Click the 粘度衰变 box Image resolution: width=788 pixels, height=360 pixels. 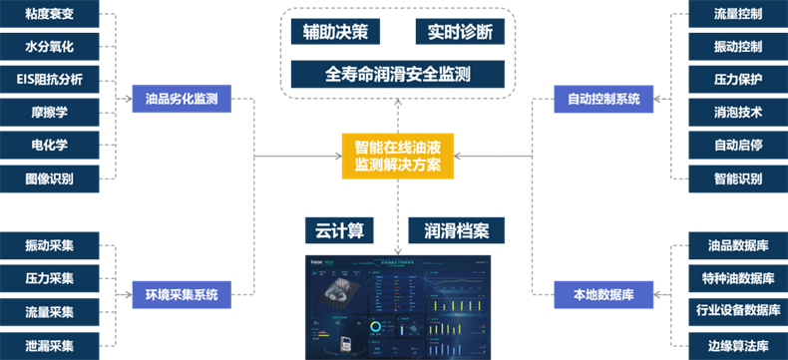(50, 16)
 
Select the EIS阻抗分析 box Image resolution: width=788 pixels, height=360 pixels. (50, 80)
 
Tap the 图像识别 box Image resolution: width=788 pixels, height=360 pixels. (50, 179)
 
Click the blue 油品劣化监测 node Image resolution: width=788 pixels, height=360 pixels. (182, 99)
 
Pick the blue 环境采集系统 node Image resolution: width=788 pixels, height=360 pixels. (182, 294)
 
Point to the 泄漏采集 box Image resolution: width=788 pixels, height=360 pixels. (50, 345)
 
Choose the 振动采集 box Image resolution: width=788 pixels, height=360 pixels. (50, 244)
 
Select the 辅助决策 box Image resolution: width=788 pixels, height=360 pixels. (335, 31)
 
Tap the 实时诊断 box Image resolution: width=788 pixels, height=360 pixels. (460, 31)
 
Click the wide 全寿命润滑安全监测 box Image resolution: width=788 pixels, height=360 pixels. (398, 74)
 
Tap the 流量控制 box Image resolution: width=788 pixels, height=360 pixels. (738, 16)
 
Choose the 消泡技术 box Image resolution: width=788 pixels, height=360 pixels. (738, 113)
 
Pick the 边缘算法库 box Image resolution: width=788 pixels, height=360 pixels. (738, 345)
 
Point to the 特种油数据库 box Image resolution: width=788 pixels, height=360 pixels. (738, 277)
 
